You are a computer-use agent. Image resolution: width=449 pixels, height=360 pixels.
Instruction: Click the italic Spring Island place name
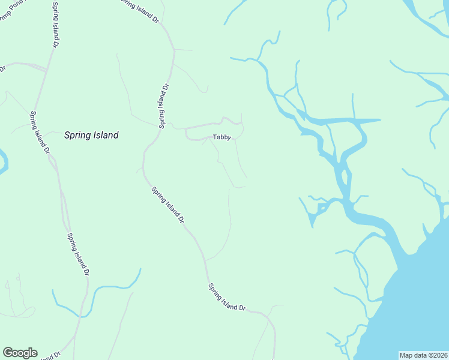[91, 135]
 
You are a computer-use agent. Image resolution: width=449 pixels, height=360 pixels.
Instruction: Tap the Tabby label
[222, 137]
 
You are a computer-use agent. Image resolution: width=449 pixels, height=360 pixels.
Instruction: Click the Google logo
[20, 353]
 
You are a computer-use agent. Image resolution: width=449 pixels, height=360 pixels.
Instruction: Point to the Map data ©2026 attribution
[423, 355]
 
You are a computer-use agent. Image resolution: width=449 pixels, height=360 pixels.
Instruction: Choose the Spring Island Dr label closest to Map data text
[227, 297]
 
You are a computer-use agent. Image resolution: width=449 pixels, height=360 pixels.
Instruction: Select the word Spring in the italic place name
[77, 135]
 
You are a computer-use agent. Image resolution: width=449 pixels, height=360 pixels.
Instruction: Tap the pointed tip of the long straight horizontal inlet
[381, 120]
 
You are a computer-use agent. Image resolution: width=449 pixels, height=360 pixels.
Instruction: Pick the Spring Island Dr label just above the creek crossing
[78, 254]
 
